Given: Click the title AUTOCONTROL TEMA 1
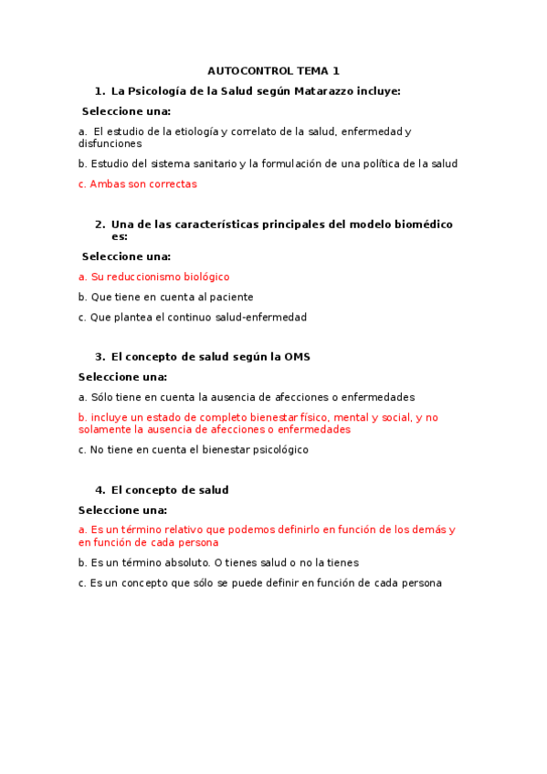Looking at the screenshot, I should (x=273, y=70).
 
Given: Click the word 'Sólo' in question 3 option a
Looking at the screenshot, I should (x=102, y=397).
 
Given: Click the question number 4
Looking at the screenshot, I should (x=100, y=489).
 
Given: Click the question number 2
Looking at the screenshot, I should (x=100, y=224).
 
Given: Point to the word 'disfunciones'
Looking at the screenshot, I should (x=110, y=143).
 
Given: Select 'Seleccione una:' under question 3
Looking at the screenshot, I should (x=122, y=376).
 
